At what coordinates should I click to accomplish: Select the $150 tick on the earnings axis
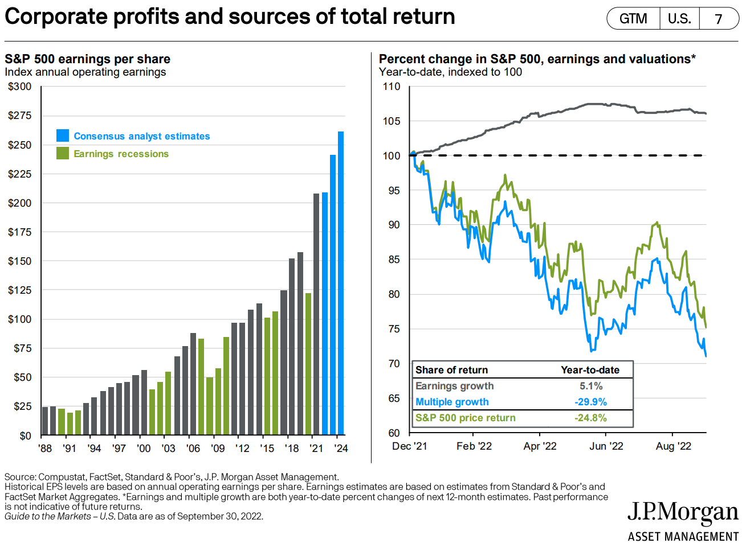point(20,261)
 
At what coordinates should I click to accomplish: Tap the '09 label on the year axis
point(218,449)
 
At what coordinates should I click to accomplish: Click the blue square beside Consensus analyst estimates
point(63,135)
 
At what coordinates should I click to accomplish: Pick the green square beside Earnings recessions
point(63,153)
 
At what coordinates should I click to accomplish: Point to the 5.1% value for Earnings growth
point(590,386)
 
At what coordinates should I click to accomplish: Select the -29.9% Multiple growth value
point(590,402)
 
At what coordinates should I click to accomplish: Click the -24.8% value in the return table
point(590,418)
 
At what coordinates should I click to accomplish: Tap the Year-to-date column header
point(590,370)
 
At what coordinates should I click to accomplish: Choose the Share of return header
point(451,370)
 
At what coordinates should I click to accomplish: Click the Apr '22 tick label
point(540,446)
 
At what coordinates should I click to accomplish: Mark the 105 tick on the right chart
point(392,121)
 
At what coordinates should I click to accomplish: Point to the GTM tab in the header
point(633,19)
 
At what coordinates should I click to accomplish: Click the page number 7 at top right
point(719,19)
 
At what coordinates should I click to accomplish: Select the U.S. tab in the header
point(679,19)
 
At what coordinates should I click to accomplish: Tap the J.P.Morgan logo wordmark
point(683,513)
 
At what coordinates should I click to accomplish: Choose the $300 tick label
point(20,87)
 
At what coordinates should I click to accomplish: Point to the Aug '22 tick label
point(673,446)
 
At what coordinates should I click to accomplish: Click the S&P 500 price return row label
point(465,418)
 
